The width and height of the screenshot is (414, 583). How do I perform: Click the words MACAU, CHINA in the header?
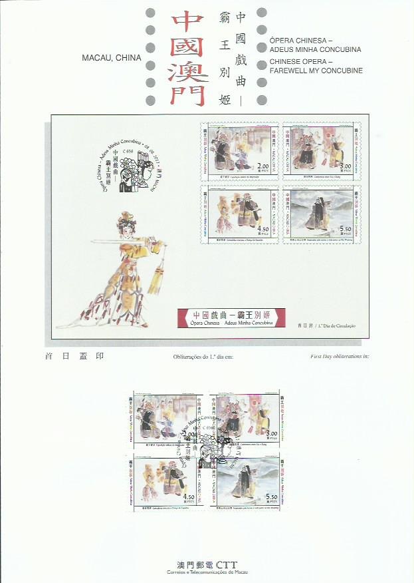tap(111, 58)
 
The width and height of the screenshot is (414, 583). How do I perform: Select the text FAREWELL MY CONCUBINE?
tap(316, 70)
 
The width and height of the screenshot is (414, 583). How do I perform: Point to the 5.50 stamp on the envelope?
tap(318, 215)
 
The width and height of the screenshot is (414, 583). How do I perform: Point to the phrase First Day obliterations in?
tap(340, 357)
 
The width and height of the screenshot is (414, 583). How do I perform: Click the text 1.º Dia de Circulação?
tap(338, 325)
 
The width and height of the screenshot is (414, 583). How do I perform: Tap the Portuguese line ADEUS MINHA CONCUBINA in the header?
tap(316, 50)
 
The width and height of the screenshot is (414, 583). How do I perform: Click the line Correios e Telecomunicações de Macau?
tap(206, 572)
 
